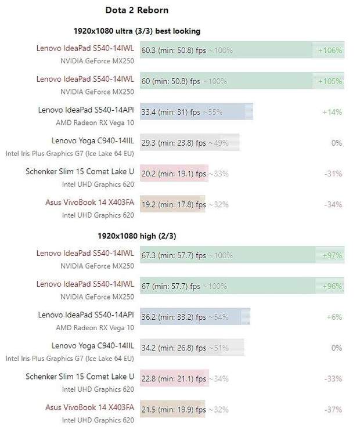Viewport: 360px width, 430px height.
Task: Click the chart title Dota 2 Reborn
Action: pos(137,10)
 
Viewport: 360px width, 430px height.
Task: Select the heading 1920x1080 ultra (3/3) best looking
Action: pos(137,31)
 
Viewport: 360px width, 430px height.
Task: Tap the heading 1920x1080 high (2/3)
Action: pos(137,236)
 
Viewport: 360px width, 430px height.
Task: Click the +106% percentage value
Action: pos(330,50)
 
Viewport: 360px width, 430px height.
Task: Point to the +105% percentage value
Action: pos(330,81)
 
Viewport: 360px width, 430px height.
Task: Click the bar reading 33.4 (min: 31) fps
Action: pos(196,112)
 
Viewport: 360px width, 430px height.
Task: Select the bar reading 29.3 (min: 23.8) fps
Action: pos(189,143)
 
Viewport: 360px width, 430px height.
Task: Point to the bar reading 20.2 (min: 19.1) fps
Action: pos(174,174)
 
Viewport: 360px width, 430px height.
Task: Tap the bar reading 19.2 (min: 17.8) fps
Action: pos(172,204)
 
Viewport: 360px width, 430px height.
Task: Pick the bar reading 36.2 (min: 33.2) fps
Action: pos(195,317)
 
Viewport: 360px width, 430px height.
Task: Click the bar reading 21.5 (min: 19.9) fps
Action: pos(172,409)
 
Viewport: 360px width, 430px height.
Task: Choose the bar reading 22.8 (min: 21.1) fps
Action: pos(174,378)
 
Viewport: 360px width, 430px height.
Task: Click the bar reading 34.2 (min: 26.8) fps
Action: pos(192,348)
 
